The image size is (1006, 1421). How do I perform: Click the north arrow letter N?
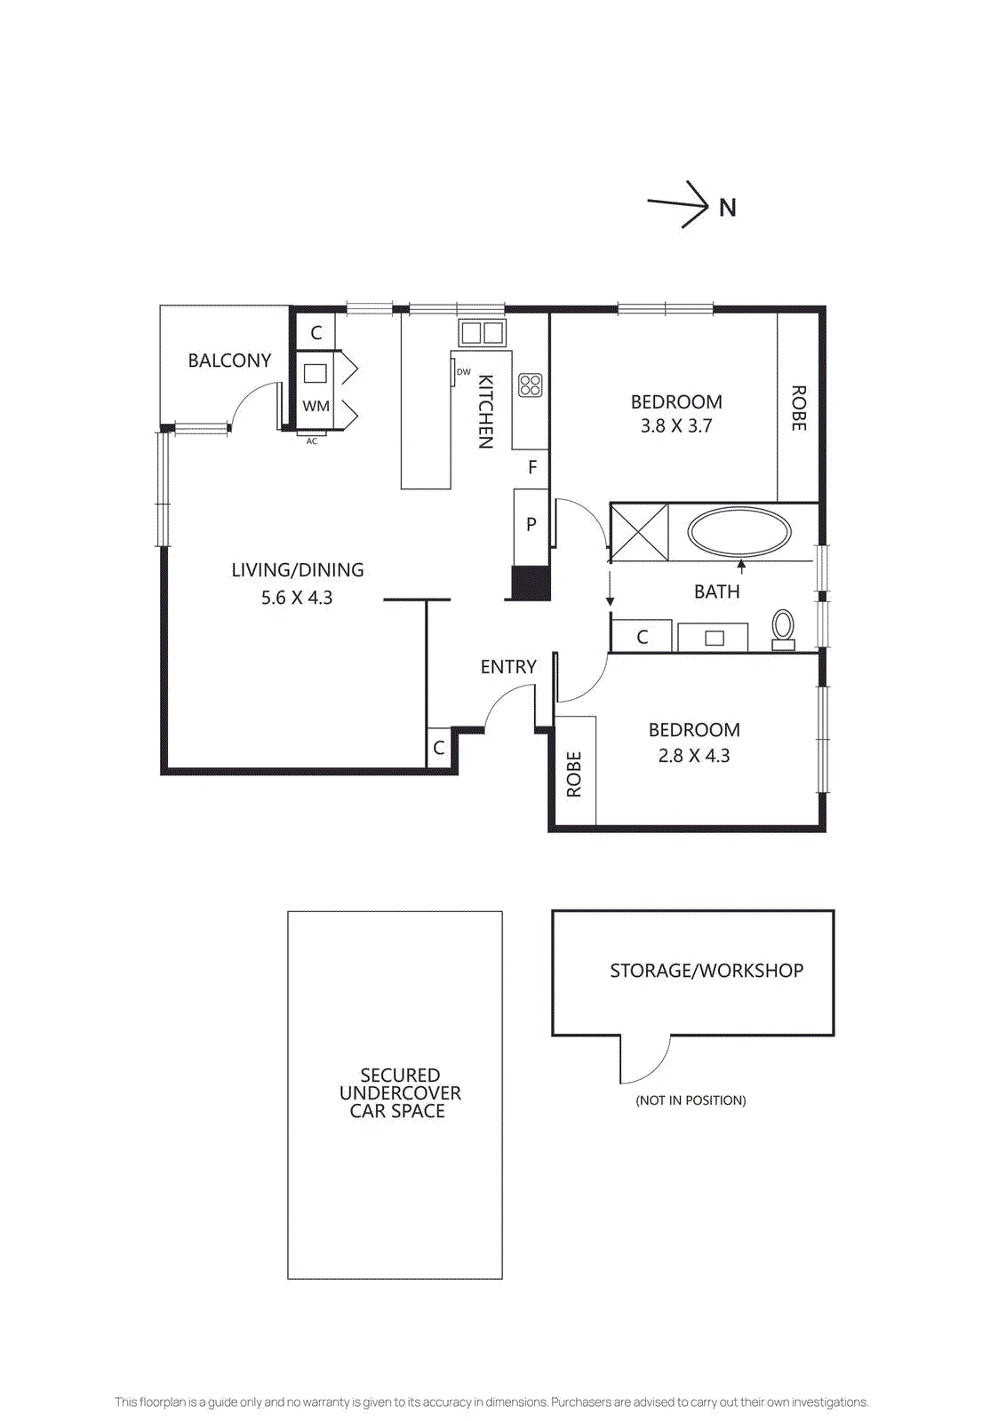727,208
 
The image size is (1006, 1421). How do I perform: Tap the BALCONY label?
229,361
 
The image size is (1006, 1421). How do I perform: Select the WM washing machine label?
315,406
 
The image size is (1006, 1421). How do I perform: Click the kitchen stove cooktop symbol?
531,385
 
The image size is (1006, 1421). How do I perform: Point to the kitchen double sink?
482,333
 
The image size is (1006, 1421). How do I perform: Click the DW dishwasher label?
463,372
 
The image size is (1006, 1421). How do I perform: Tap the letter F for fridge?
532,467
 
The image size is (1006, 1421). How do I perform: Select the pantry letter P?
531,524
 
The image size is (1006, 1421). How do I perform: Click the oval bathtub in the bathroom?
739,533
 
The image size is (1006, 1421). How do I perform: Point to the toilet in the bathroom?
783,629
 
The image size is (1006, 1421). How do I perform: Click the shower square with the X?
639,532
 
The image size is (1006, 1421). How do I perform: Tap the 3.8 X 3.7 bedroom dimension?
676,426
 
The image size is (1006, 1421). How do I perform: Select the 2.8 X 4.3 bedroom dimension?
693,756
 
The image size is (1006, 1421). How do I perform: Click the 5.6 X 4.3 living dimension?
297,598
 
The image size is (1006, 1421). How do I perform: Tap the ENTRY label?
508,667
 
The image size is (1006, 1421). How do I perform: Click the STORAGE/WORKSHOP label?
707,971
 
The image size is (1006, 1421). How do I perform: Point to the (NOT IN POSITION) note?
691,1100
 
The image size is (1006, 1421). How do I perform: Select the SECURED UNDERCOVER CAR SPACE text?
399,1093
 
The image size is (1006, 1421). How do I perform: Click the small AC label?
311,441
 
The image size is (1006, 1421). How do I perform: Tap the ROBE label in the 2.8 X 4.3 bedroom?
574,774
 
